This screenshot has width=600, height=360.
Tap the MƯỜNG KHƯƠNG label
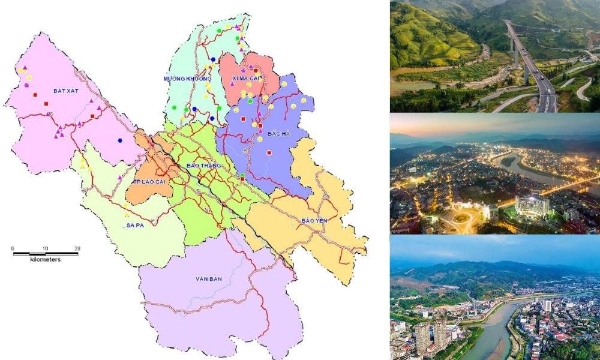(x=188, y=79)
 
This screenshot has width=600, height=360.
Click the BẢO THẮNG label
(x=204, y=164)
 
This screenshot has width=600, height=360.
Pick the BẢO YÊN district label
(x=313, y=220)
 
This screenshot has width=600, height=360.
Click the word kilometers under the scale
(x=46, y=260)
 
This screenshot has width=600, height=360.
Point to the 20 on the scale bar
(x=77, y=248)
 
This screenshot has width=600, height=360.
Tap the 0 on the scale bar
(x=13, y=248)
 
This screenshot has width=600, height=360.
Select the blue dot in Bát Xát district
(x=121, y=141)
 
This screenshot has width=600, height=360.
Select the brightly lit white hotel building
(x=532, y=206)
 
